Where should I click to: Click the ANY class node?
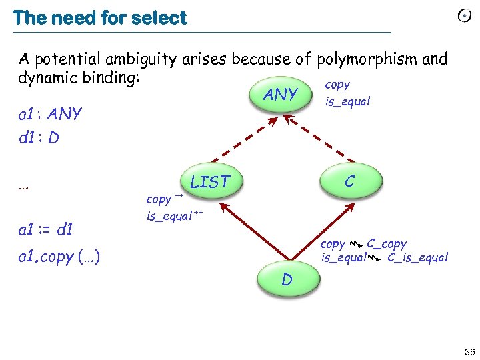(x=281, y=95)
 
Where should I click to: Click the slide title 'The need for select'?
(x=100, y=18)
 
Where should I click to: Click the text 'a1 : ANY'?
(x=50, y=114)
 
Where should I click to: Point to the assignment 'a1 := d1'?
(x=46, y=231)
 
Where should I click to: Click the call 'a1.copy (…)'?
(x=59, y=257)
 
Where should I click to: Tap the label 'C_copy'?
(x=386, y=244)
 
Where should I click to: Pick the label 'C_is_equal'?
(x=417, y=257)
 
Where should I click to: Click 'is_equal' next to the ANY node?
(x=347, y=102)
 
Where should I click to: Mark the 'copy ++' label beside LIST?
(x=164, y=198)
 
